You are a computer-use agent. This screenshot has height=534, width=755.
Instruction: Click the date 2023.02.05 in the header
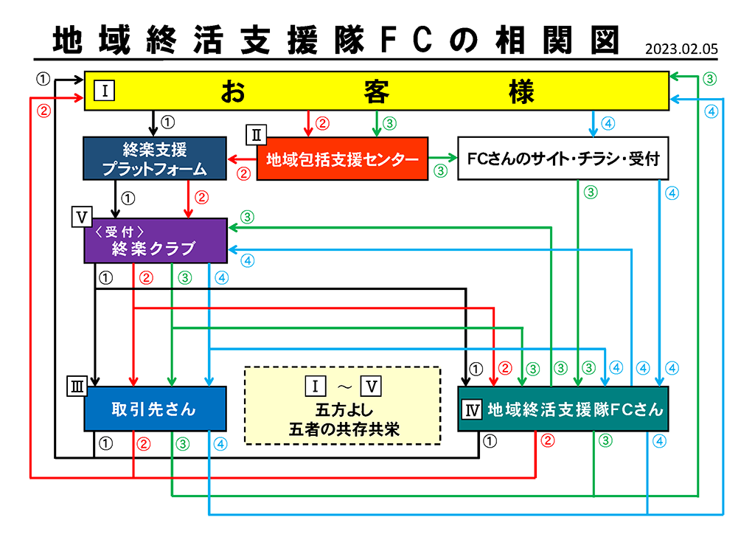click(x=681, y=50)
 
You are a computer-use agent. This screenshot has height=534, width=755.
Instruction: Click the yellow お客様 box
click(x=376, y=91)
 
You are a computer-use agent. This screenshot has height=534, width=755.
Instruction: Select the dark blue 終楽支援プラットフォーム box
click(x=154, y=159)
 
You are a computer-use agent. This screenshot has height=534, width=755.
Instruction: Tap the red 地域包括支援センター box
click(x=341, y=159)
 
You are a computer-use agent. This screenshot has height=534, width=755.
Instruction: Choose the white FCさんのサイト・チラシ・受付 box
click(x=563, y=159)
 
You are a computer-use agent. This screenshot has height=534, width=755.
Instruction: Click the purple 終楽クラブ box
click(x=155, y=240)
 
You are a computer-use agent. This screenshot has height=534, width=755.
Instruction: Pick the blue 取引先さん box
click(x=154, y=409)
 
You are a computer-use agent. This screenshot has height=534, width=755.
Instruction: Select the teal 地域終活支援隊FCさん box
click(x=563, y=409)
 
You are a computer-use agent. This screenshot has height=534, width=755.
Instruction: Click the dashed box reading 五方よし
click(x=342, y=405)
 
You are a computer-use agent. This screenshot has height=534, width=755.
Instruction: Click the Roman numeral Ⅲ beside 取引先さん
click(x=77, y=385)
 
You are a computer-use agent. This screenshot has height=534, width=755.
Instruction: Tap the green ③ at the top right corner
click(x=709, y=78)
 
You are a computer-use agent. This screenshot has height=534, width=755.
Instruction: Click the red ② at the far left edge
click(x=44, y=111)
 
